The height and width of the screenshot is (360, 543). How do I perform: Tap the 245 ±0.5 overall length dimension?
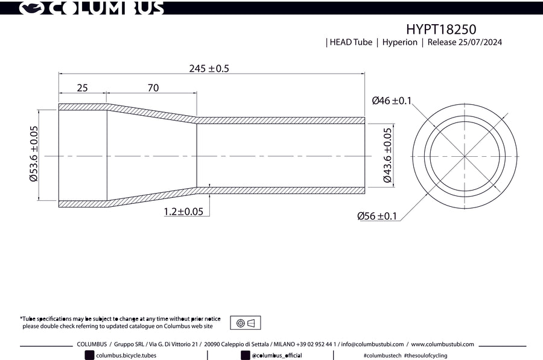(209, 68)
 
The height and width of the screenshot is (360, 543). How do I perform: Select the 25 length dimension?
(82, 87)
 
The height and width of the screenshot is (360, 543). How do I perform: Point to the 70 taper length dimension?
(153, 87)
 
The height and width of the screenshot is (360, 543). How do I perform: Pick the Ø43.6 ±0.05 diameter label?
(387, 156)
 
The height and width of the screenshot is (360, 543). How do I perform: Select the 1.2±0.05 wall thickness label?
(183, 212)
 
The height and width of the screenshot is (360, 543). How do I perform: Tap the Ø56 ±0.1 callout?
(376, 216)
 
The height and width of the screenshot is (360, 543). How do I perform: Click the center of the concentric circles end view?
(465, 156)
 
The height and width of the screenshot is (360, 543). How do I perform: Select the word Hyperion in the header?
(399, 42)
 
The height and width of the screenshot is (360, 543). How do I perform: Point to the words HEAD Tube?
(351, 42)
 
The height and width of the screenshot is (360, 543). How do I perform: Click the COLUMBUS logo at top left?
(91, 8)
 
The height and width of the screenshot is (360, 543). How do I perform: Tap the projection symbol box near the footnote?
(246, 323)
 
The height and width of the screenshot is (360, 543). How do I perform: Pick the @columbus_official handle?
(276, 355)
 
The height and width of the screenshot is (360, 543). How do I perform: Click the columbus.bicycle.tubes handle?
(126, 355)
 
